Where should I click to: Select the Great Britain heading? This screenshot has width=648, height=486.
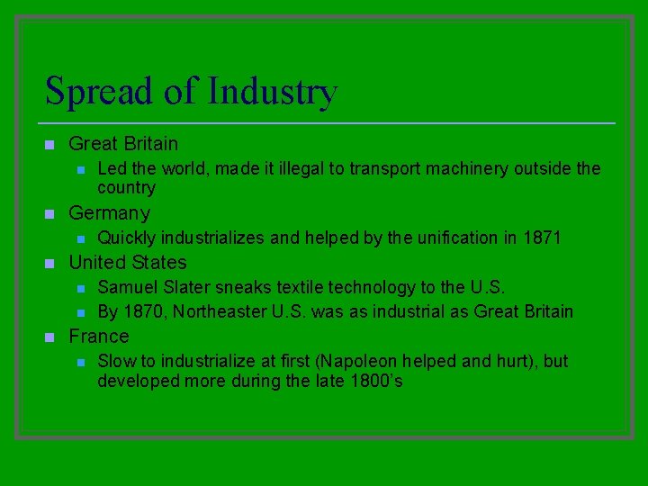[123, 144]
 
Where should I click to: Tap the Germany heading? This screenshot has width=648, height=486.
[109, 213]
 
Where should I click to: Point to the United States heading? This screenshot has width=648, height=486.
[128, 263]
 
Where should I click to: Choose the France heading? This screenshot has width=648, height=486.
[99, 337]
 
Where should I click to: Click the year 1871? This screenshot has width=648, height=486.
[542, 238]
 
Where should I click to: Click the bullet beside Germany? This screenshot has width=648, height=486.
[50, 214]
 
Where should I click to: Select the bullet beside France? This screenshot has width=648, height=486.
[50, 337]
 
